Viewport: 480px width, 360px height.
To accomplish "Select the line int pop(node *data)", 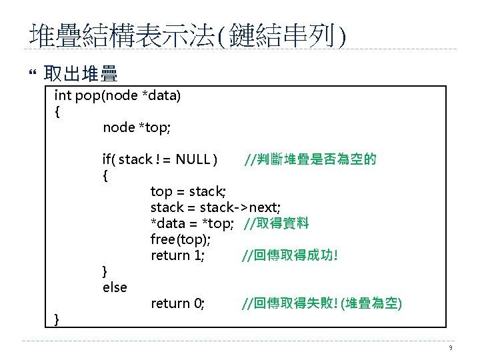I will click(117, 95).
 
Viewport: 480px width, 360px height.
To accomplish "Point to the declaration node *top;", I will click(137, 127).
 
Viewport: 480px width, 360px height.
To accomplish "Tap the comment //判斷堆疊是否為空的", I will click(310, 159).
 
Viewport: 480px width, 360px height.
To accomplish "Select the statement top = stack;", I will click(188, 192).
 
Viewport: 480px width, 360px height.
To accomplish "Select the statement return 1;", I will click(177, 256).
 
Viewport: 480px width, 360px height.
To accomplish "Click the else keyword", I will click(115, 287).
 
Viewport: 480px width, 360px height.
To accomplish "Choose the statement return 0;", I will click(177, 304).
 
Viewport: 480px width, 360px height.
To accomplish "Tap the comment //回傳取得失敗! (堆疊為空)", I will click(321, 304).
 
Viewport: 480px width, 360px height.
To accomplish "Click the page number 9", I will click(451, 348).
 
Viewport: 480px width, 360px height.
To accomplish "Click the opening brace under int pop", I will click(57, 111).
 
